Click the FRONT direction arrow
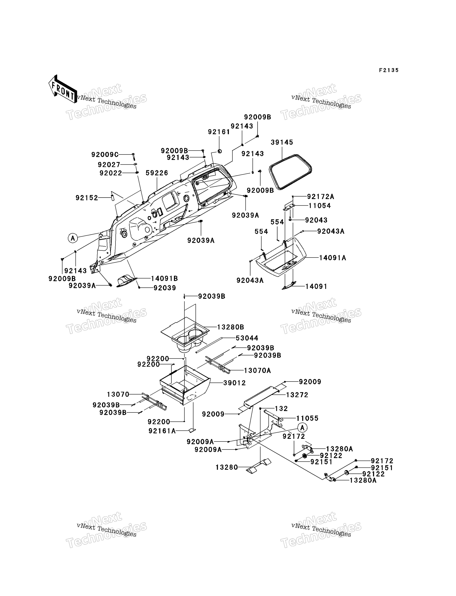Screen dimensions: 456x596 point(63,89)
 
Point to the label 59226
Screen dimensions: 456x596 point(157,173)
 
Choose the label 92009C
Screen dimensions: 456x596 point(105,155)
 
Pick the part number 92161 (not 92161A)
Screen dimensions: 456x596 point(219,132)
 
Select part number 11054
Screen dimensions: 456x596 point(320,206)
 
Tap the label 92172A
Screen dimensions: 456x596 point(321,196)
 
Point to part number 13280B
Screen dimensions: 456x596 point(231,327)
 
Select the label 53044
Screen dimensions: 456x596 point(247,338)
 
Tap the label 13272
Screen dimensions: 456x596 point(297,395)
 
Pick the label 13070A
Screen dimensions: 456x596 point(258,371)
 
